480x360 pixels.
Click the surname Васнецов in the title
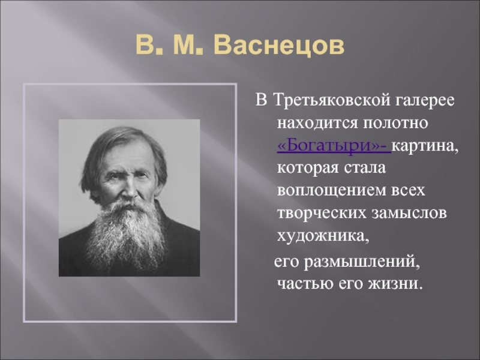click(x=279, y=46)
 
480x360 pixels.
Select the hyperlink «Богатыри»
click(x=334, y=146)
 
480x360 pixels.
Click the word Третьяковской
click(x=332, y=100)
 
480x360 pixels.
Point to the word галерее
click(x=425, y=100)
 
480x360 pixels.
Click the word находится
click(x=317, y=123)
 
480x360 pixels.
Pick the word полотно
click(x=395, y=123)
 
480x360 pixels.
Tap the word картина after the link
click(x=425, y=146)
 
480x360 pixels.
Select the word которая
click(x=308, y=169)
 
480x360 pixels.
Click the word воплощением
click(x=332, y=191)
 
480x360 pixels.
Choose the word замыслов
click(x=409, y=213)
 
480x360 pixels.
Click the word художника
click(x=323, y=236)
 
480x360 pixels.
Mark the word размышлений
click(x=362, y=262)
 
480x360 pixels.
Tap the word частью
click(x=305, y=284)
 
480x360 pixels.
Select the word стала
click(x=365, y=169)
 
